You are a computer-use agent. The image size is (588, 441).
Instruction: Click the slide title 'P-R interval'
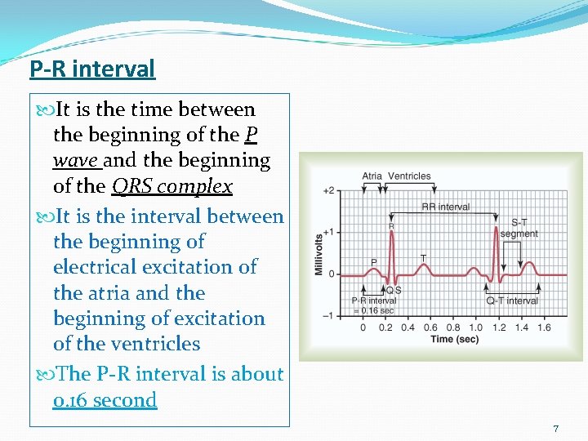click(x=92, y=69)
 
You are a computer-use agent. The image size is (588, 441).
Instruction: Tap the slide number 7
click(x=556, y=429)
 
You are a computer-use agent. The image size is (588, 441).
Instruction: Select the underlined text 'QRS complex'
click(x=171, y=186)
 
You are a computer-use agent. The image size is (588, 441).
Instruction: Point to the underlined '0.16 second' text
click(x=105, y=400)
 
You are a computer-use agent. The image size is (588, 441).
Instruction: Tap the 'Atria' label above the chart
click(x=372, y=176)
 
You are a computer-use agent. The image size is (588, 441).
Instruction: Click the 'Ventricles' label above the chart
click(x=409, y=176)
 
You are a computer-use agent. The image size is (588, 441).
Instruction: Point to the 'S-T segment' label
click(x=519, y=228)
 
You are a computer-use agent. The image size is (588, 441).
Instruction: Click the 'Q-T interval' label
click(x=512, y=301)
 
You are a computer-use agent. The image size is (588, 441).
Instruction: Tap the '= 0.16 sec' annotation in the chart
click(x=373, y=310)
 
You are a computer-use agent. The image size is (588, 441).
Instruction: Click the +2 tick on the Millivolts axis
click(x=328, y=190)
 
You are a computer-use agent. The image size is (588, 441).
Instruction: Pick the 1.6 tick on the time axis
click(x=543, y=327)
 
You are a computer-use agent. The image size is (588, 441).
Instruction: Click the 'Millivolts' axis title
click(x=318, y=254)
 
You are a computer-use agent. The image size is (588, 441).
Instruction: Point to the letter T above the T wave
click(x=423, y=258)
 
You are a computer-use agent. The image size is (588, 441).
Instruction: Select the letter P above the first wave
click(x=374, y=262)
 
